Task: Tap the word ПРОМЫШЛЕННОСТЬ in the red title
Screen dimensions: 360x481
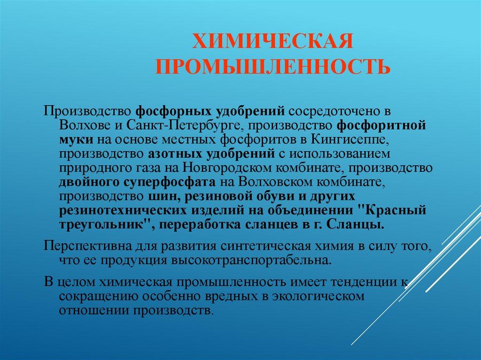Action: click(273, 66)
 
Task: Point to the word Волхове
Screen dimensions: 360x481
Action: click(85, 126)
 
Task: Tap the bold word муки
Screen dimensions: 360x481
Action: click(76, 140)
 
